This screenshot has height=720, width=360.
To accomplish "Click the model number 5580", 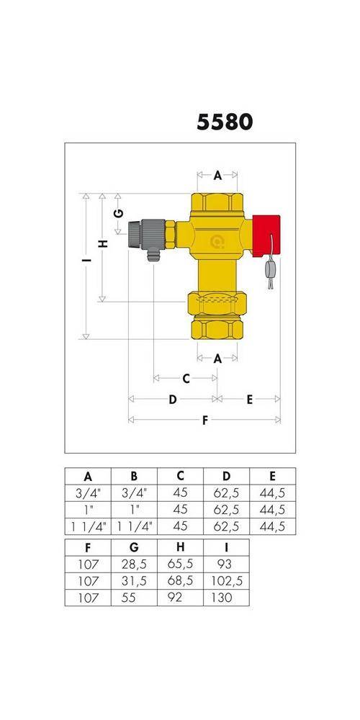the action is coord(225,122).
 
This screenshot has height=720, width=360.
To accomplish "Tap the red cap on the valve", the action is coord(266,235).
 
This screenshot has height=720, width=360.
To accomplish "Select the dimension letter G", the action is coord(119,213).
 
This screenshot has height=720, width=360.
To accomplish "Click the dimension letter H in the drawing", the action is coord(103,243).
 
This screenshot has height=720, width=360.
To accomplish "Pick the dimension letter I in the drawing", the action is coord(86,261).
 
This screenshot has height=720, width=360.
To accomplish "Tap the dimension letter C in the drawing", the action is coord(186,379).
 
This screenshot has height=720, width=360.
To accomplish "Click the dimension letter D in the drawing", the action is coord(173,400).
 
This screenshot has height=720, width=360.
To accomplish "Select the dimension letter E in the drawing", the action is coord(249,400).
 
